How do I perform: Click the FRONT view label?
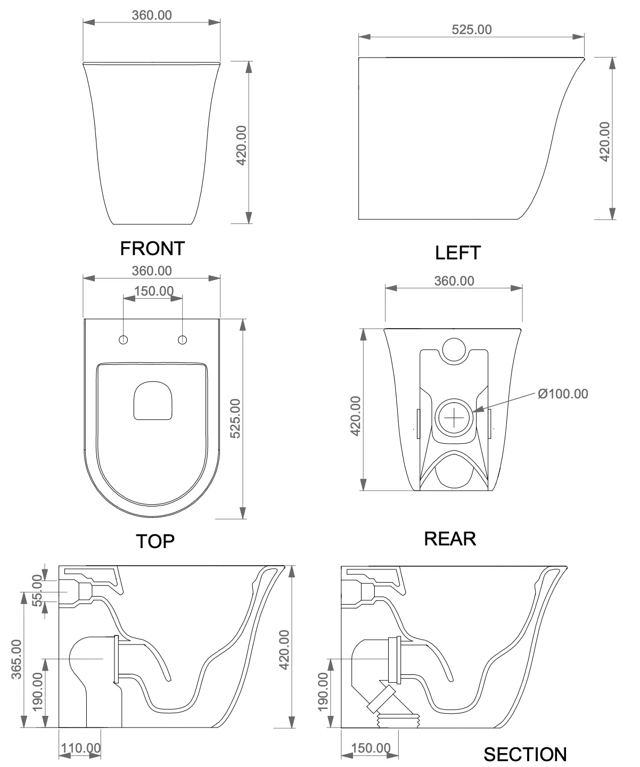152,249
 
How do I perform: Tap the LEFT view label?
458,252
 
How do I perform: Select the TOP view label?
155,541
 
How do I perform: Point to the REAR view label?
450,539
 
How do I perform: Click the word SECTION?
526,755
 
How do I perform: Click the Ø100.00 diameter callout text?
563,394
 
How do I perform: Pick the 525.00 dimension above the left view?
472,29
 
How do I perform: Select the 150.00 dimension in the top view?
154,291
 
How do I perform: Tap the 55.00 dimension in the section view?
37,591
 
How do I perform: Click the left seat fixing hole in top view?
124,340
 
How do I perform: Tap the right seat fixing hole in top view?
183,340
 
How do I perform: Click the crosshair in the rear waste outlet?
454,418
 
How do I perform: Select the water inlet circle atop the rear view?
454,350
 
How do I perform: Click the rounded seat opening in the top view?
153,401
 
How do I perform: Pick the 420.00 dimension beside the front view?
242,145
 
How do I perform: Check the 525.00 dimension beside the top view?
235,419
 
